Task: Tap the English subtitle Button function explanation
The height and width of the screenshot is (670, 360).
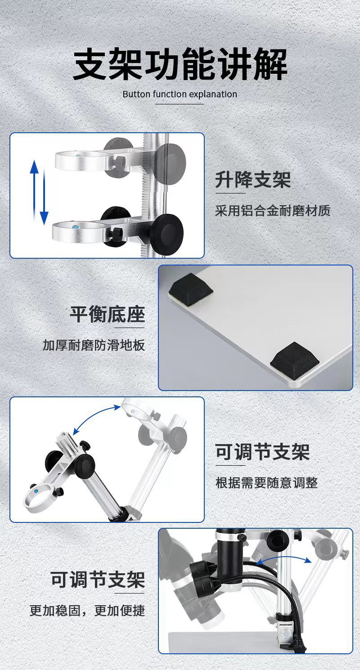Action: pyautogui.click(x=180, y=94)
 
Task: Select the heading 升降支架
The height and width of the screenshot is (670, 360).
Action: pyautogui.click(x=253, y=180)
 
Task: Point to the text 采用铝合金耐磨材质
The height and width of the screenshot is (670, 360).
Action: pyautogui.click(x=273, y=211)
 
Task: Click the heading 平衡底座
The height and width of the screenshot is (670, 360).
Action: pyautogui.click(x=108, y=315)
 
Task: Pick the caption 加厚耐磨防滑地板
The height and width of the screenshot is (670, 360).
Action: pyautogui.click(x=94, y=345)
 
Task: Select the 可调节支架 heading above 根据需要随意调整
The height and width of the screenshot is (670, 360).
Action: pyautogui.click(x=263, y=452)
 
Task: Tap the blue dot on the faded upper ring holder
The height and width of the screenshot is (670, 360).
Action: pyautogui.click(x=79, y=156)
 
